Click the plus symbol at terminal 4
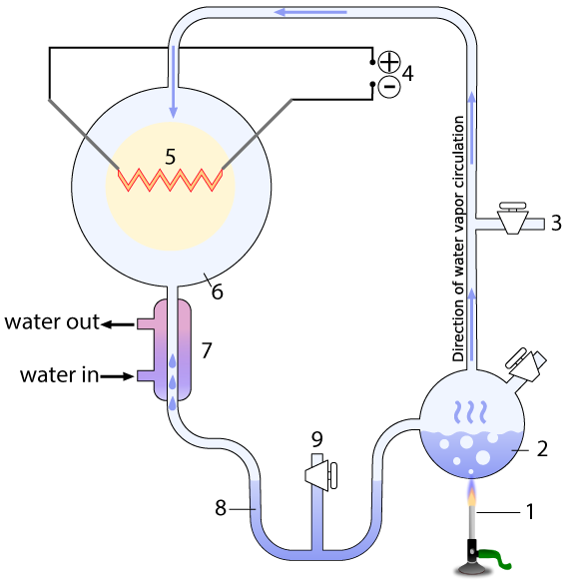tap(389, 62)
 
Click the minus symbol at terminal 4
tap(389, 87)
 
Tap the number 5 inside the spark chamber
tap(170, 157)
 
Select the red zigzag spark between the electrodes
tap(171, 180)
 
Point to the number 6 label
tap(217, 291)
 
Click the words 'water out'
tap(52, 321)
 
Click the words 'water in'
tap(59, 375)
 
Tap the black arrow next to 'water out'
tap(118, 324)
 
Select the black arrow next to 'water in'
tap(117, 376)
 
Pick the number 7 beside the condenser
tap(207, 350)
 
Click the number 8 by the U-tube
tap(221, 508)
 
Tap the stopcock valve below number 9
tap(320, 475)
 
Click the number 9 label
tap(317, 439)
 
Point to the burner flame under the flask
tap(471, 494)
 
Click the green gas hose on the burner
tap(495, 557)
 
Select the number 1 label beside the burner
tap(530, 512)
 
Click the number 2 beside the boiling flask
tap(542, 448)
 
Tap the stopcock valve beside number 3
tap(512, 218)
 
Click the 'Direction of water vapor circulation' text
tap(458, 239)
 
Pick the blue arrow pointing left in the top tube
tap(310, 13)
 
